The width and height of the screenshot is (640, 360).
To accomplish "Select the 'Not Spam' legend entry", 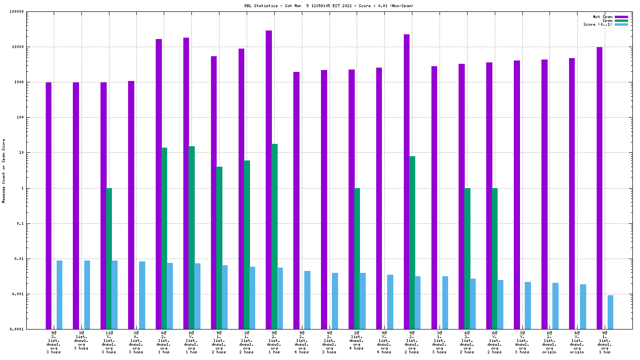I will pyautogui.click(x=602, y=17).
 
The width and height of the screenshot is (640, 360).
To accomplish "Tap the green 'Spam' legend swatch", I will pyautogui.click(x=621, y=20).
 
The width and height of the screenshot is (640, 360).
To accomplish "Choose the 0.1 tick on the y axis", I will pyautogui.click(x=20, y=224).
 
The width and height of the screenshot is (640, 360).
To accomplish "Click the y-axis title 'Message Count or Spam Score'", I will pyautogui.click(x=4, y=171).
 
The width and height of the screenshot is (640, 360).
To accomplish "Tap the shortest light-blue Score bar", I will pyautogui.click(x=610, y=312).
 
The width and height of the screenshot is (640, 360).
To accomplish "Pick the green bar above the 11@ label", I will pyautogui.click(x=109, y=258).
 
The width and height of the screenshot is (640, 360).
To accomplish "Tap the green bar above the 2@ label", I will pyautogui.click(x=357, y=258).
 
